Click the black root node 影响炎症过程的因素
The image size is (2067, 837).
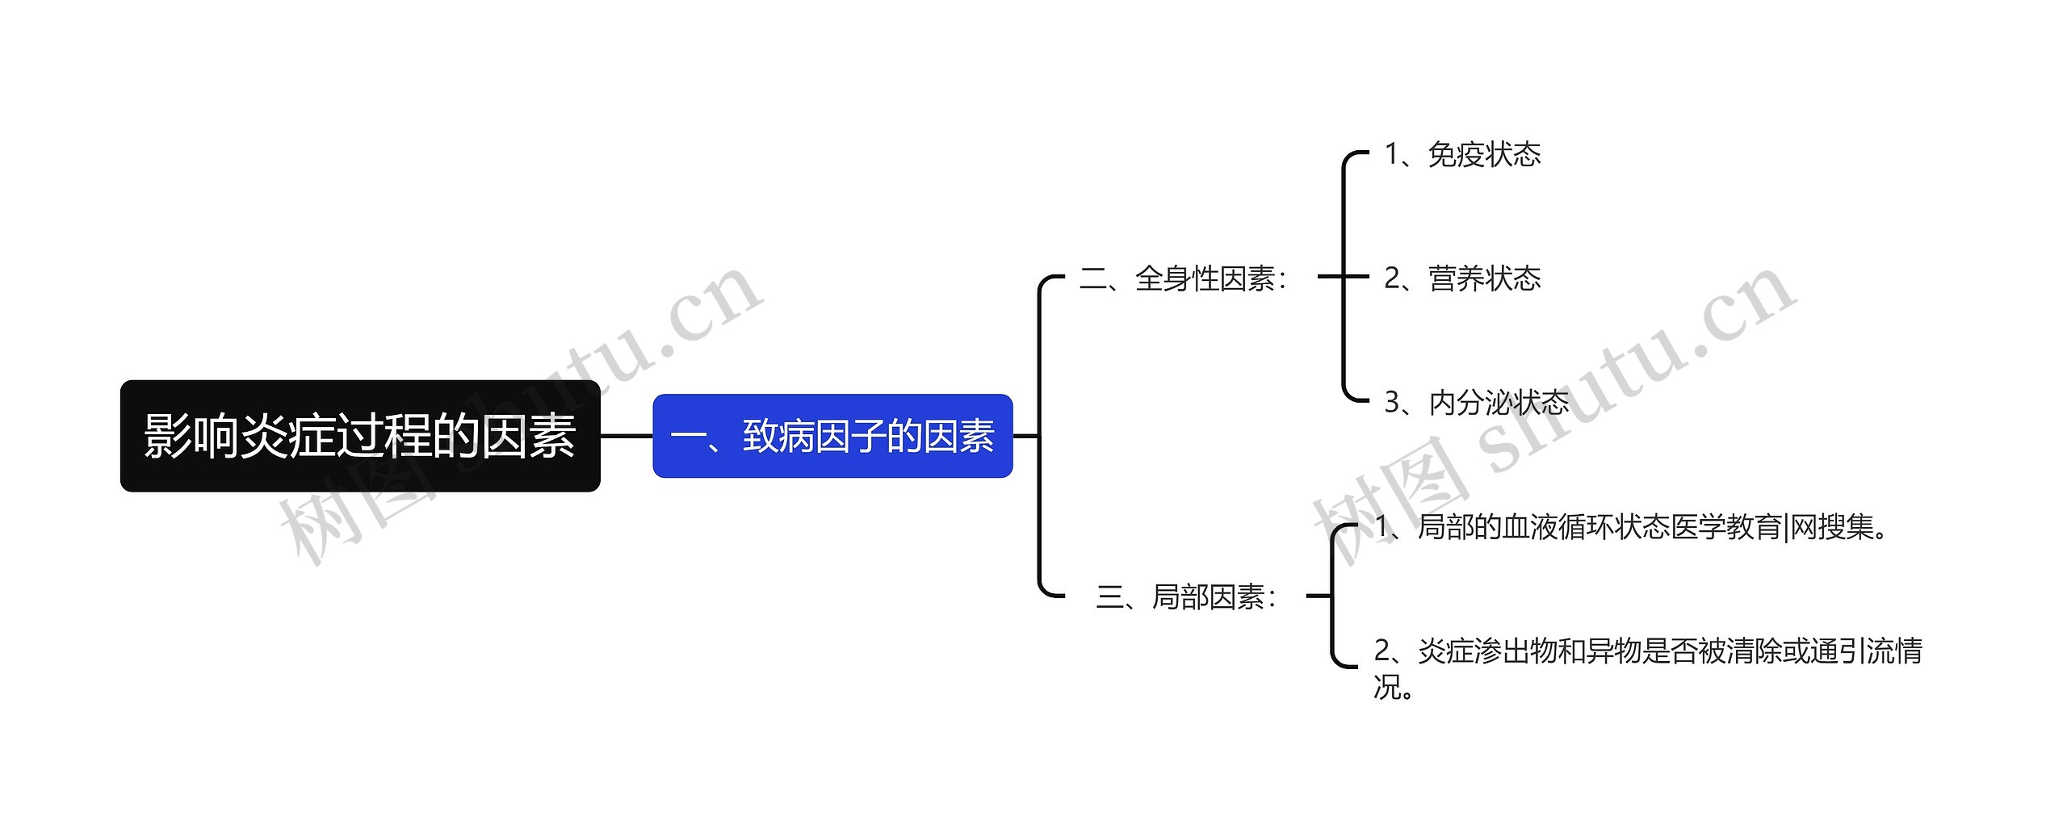[x=360, y=436]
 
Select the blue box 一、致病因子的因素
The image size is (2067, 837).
[x=832, y=436]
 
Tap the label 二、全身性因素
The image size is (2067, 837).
[x=1183, y=278]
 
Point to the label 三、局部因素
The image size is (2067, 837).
[x=1186, y=597]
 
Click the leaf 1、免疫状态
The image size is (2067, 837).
[x=1462, y=154]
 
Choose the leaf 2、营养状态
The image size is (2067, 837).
[x=1462, y=278]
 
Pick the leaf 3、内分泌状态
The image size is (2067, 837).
[x=1476, y=402]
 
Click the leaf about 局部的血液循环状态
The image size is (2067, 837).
[x=1631, y=527]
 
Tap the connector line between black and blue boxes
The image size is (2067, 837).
[x=627, y=436]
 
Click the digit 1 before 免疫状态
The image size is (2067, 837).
[x=1392, y=154]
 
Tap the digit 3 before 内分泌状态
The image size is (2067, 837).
[x=1392, y=402]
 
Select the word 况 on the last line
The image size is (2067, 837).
[x=1386, y=687]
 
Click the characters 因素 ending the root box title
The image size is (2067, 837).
[x=528, y=436]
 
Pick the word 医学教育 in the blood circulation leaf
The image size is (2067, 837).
[x=1726, y=527]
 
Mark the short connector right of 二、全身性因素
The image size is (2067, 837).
[x=1330, y=276]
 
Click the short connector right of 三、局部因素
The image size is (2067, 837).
[x=1318, y=596]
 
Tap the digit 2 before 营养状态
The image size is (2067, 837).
[x=1392, y=278]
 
